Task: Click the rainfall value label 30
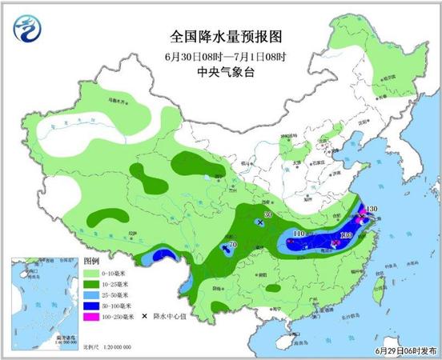tap(268, 215)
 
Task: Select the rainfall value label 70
tap(232, 245)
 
